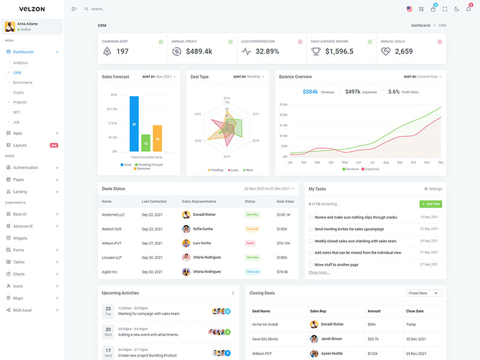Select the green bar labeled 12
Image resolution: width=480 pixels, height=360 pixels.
[x=146, y=143]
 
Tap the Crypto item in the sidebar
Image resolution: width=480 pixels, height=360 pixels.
[x=19, y=92]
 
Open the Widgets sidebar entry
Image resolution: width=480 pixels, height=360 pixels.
[x=20, y=238]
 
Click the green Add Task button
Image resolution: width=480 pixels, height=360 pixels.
[x=431, y=204]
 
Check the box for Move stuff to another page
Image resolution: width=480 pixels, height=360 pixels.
[x=311, y=265]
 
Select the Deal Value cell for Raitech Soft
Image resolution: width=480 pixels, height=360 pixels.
[x=282, y=229]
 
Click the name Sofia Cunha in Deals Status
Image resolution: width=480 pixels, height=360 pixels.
[x=203, y=229]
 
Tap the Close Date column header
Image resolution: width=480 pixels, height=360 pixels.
[x=415, y=311]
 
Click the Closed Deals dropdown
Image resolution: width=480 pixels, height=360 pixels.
[x=424, y=293]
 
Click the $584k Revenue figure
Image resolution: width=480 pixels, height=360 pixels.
[x=310, y=92]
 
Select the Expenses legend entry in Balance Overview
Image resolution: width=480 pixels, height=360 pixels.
[x=370, y=169]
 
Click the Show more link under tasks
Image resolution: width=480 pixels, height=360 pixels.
[x=319, y=272]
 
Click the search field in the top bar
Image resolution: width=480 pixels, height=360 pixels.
[x=120, y=9]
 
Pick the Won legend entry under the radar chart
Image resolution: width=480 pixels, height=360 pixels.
[x=247, y=170]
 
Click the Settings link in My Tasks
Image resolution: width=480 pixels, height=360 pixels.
[x=433, y=189]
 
